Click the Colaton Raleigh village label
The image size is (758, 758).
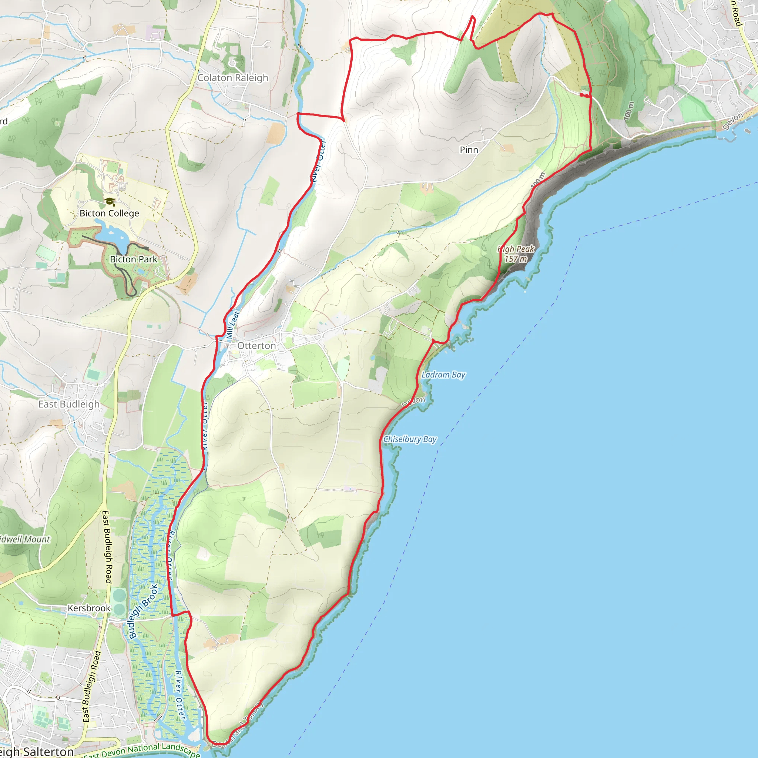(x=233, y=78)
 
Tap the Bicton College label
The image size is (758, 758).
(x=109, y=213)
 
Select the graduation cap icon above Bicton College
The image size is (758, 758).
(x=110, y=202)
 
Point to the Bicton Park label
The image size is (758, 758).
(x=133, y=259)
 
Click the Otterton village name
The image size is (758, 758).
(x=256, y=346)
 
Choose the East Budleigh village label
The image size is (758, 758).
(x=69, y=404)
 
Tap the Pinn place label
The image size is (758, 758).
(x=469, y=150)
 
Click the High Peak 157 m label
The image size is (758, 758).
(x=516, y=254)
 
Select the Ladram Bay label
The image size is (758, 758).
(x=443, y=375)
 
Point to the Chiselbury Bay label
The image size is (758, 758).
(x=410, y=439)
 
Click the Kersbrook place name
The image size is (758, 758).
(x=89, y=608)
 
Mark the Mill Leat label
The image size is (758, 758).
(x=233, y=325)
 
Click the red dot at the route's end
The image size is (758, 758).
(x=581, y=94)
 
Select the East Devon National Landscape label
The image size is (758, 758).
(x=141, y=751)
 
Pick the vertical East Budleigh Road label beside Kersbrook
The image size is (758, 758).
(x=107, y=547)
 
